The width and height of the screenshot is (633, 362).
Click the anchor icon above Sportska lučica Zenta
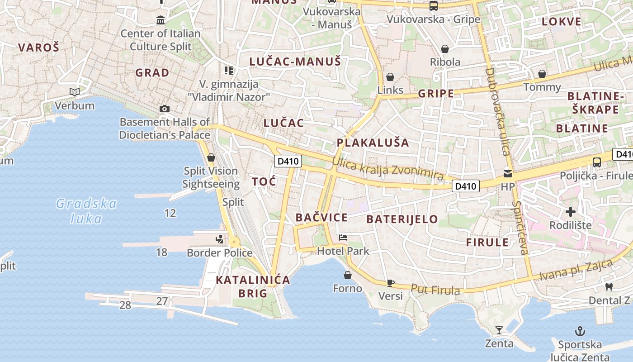click(x=579, y=331)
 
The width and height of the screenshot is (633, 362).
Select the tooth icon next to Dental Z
click(x=609, y=287)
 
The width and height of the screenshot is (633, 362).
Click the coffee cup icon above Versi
click(x=391, y=283)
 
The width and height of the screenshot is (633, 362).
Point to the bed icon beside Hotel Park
click(x=343, y=238)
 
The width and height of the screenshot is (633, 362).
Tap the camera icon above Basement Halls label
click(x=165, y=109)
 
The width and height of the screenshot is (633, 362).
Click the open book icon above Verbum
click(x=75, y=92)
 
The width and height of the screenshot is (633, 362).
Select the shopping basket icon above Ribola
click(x=445, y=49)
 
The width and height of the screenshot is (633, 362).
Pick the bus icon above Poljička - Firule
click(x=596, y=162)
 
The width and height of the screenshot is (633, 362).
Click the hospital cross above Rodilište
click(x=571, y=211)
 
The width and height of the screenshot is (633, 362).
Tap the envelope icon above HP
click(x=508, y=173)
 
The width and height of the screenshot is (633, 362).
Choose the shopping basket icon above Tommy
click(x=542, y=74)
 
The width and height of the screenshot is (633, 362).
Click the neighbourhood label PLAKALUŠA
click(x=373, y=143)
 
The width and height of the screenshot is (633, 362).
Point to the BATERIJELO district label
click(x=402, y=219)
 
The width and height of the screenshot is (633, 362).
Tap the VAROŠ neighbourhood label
click(x=38, y=47)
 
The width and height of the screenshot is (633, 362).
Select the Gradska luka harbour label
click(x=86, y=211)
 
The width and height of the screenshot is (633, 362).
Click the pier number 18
click(x=161, y=252)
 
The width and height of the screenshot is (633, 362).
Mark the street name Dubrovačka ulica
click(x=497, y=111)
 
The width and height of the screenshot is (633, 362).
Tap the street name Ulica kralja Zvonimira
click(x=387, y=168)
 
